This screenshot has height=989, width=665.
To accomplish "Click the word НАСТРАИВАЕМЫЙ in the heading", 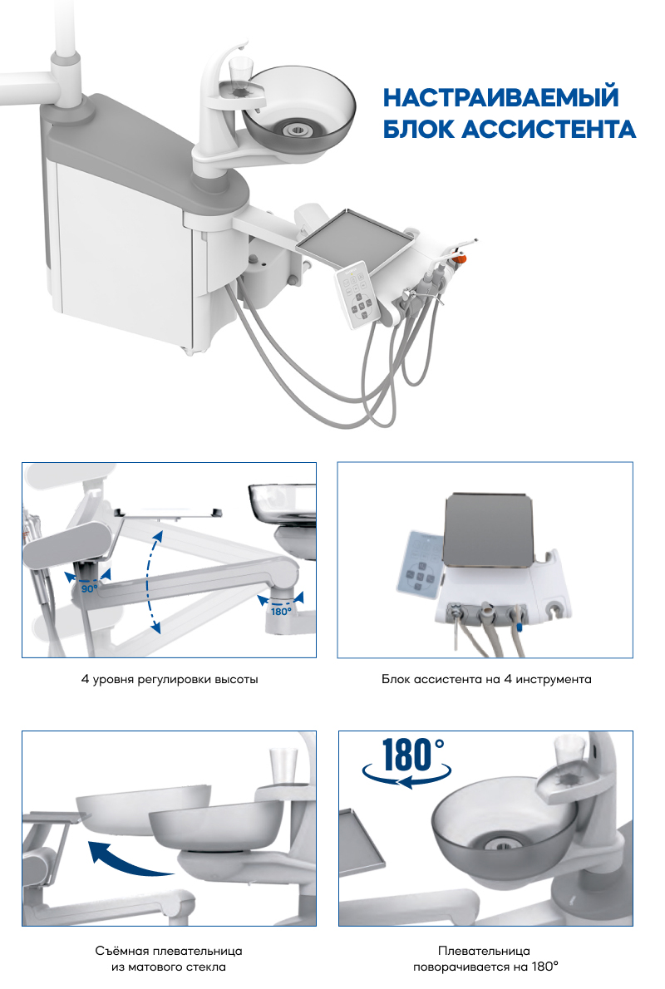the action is tap(501, 98).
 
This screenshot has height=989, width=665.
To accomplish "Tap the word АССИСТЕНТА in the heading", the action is tap(549, 130).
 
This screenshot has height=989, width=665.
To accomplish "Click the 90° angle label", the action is tap(89, 588).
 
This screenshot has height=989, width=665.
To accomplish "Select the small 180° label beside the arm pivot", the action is tap(281, 611).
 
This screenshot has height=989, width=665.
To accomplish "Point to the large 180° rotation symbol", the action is tap(407, 762).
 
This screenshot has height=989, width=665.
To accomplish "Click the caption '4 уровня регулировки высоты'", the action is tap(170, 679).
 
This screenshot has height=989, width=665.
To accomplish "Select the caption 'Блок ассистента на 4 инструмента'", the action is tap(485, 679).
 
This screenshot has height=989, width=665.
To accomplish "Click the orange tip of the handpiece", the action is tap(460, 258).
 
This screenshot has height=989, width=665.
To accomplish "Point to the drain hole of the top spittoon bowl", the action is tap(296, 130).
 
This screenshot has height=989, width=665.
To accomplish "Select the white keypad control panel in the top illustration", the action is tap(358, 293).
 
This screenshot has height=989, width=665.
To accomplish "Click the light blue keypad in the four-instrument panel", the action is tap(419, 564).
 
